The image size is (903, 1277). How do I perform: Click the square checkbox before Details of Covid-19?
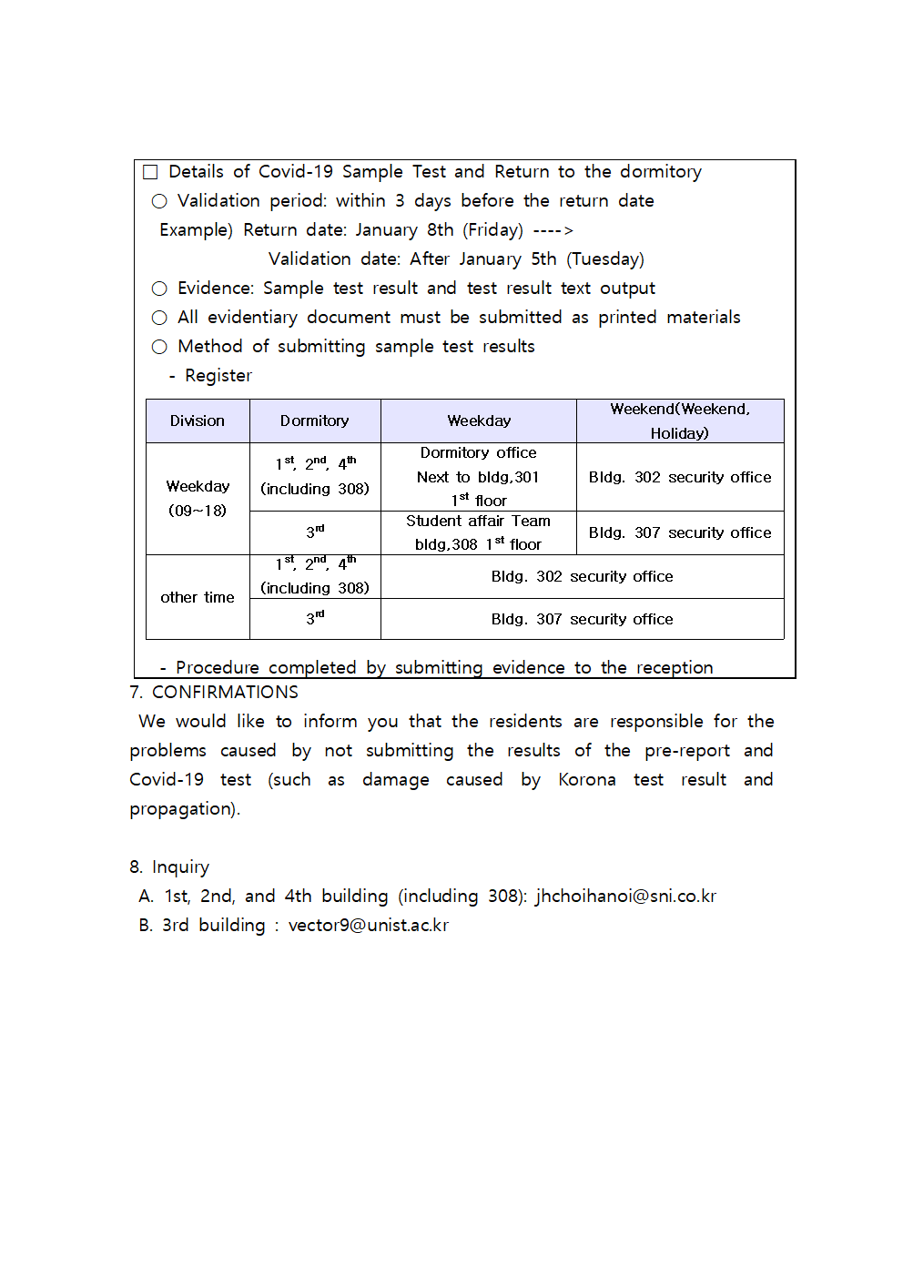click(x=150, y=172)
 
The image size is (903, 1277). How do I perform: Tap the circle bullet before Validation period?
click(x=159, y=201)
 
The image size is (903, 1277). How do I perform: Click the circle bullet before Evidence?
click(x=159, y=289)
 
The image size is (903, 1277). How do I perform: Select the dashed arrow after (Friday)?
click(x=553, y=230)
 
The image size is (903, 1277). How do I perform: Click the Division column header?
click(x=198, y=421)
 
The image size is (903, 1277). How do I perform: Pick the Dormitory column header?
click(x=315, y=421)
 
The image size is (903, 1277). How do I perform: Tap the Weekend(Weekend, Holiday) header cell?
click(x=680, y=421)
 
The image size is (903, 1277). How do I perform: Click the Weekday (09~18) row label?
click(x=198, y=498)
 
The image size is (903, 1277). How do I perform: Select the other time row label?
click(x=198, y=597)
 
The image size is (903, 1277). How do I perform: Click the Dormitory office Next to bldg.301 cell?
click(x=479, y=477)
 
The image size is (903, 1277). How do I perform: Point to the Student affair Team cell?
click(x=479, y=532)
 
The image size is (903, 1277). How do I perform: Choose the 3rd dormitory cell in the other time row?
click(x=315, y=619)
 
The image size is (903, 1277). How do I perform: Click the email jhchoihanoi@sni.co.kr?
click(x=625, y=897)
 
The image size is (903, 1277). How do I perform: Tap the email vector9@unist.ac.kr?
click(x=369, y=926)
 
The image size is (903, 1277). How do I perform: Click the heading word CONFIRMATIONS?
click(x=225, y=693)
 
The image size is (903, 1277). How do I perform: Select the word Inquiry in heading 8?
click(x=180, y=867)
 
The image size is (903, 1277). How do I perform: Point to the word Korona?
click(x=587, y=780)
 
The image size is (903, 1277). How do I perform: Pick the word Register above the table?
click(x=218, y=376)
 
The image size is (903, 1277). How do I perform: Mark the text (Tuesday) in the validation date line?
click(x=605, y=259)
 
